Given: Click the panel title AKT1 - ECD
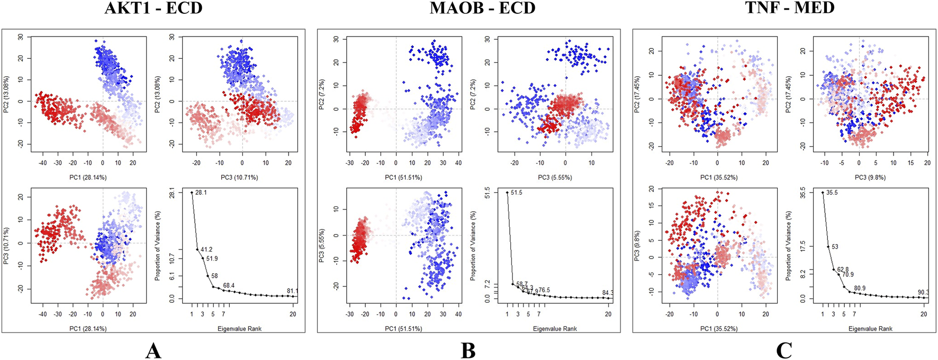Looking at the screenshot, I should tap(153, 8).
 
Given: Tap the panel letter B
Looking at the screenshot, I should tap(468, 350).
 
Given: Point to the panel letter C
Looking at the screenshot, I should tap(783, 350).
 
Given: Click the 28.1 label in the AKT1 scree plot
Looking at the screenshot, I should tap(201, 193).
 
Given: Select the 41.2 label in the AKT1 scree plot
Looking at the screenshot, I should tap(206, 249).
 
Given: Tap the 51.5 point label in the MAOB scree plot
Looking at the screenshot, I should tap(516, 193).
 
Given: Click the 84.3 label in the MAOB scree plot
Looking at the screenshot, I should tap(608, 293).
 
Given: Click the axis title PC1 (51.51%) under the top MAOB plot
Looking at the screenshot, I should tap(403, 177).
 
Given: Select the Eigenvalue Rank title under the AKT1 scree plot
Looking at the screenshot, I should tap(239, 329).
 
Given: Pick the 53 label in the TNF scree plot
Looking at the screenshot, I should tap(835, 247).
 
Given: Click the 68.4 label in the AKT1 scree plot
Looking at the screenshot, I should tap(229, 286).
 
